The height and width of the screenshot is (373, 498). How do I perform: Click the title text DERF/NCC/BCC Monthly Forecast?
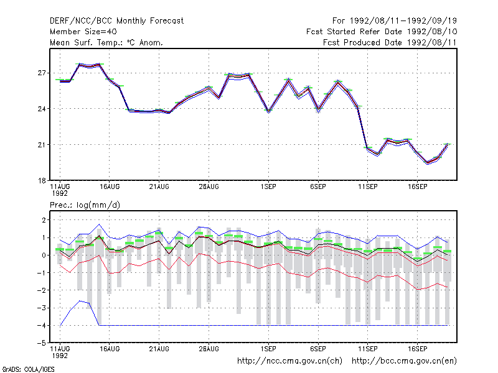(116, 21)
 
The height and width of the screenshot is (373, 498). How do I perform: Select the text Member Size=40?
(83, 32)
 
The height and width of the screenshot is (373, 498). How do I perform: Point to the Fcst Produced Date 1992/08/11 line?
(390, 42)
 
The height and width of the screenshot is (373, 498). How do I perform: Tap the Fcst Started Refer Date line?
(382, 32)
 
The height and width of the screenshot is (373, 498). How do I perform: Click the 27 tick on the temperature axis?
(42, 73)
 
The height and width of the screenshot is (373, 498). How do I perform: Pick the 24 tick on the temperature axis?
(42, 109)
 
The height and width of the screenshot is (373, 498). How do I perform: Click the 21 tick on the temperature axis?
(42, 145)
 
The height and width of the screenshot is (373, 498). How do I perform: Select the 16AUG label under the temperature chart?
(110, 187)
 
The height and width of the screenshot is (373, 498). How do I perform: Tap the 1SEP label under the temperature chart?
(268, 187)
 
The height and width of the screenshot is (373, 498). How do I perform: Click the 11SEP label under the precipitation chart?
(368, 349)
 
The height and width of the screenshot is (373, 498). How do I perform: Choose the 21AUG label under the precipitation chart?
(159, 349)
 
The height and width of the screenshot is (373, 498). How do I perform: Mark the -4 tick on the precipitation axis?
(42, 325)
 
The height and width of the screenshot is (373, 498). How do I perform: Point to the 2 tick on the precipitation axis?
(44, 220)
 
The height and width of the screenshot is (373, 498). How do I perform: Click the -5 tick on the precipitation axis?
(42, 343)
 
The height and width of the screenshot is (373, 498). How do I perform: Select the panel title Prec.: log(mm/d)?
(85, 205)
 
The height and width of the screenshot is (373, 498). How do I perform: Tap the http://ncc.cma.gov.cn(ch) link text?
(289, 361)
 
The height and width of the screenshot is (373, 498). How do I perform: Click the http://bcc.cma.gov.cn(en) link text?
(404, 361)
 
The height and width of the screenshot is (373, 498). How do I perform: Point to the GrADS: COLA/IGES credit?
(29, 369)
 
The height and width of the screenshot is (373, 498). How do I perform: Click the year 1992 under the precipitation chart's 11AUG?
(60, 356)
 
